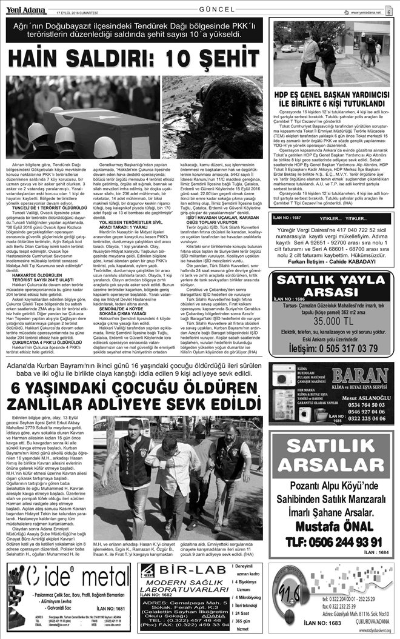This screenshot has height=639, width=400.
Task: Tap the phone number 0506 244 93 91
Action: [330, 524]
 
